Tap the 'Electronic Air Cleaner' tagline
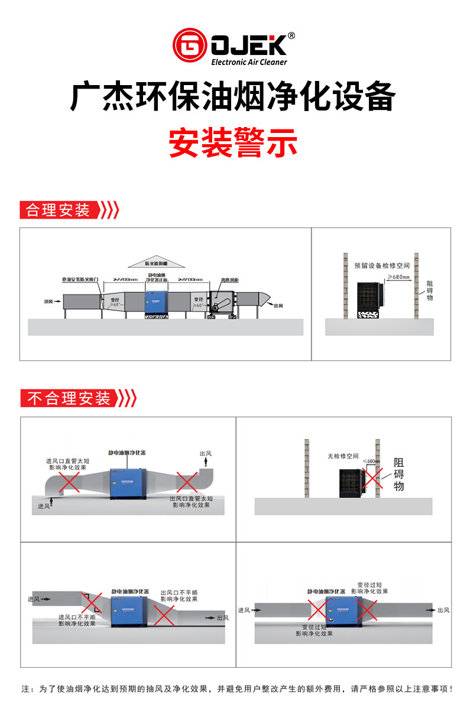249,62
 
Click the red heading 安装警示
233,142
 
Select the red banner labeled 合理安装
57,210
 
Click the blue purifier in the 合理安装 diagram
157,300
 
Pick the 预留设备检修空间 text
382,266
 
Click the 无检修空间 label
343,456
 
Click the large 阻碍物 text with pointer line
399,474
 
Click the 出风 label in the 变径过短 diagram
443,610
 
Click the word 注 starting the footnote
25,689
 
